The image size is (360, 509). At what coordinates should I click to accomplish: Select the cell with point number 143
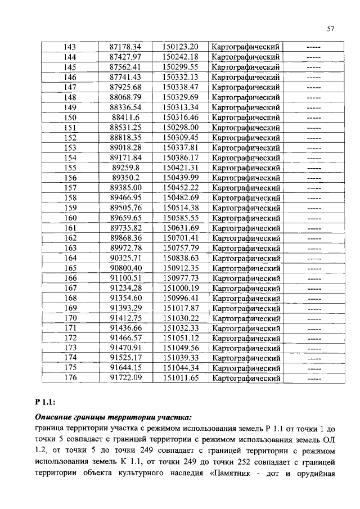point(70,47)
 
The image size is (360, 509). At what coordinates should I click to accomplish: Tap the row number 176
point(70,379)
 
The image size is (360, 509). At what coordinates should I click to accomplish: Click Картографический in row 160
point(245,218)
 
